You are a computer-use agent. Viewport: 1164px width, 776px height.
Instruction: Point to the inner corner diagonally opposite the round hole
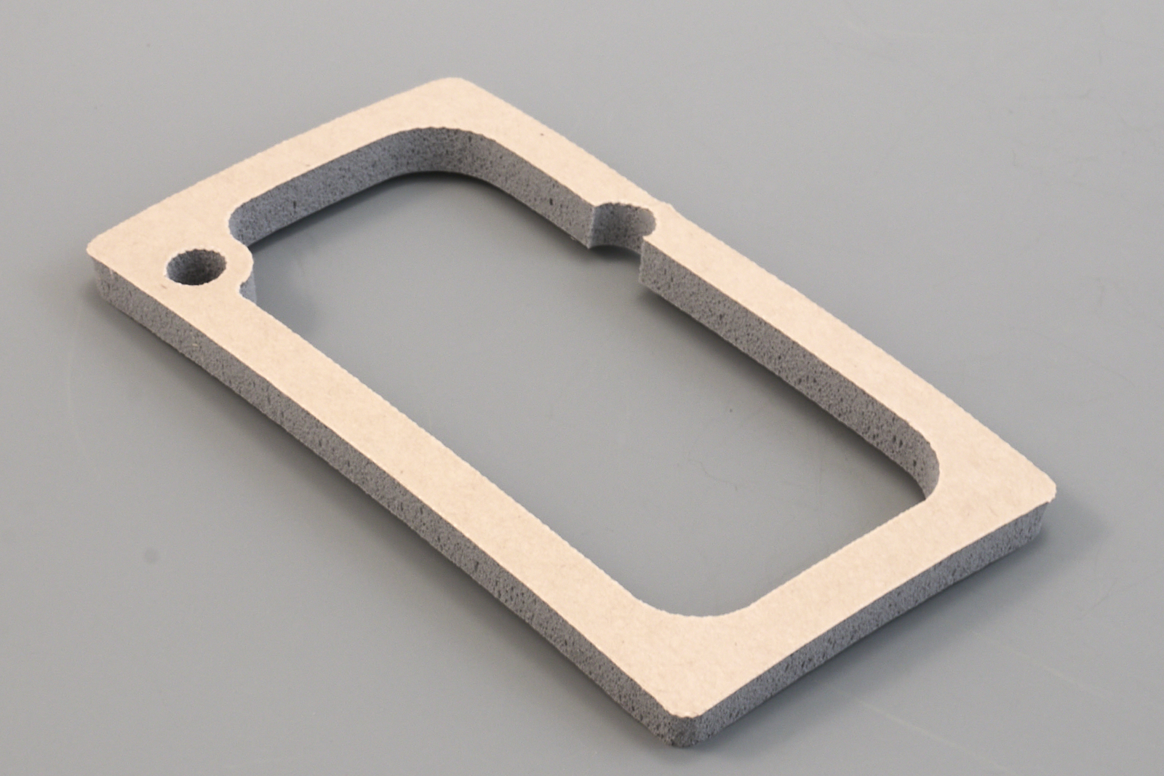coord(931,465)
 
